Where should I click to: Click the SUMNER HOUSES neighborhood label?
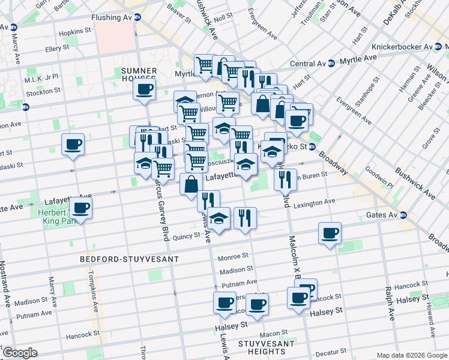139,74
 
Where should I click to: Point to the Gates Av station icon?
403,215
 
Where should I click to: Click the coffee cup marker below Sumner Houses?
144,91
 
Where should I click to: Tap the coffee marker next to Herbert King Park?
80,209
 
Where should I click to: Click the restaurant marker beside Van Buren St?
285,178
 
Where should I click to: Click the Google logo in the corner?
20,352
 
